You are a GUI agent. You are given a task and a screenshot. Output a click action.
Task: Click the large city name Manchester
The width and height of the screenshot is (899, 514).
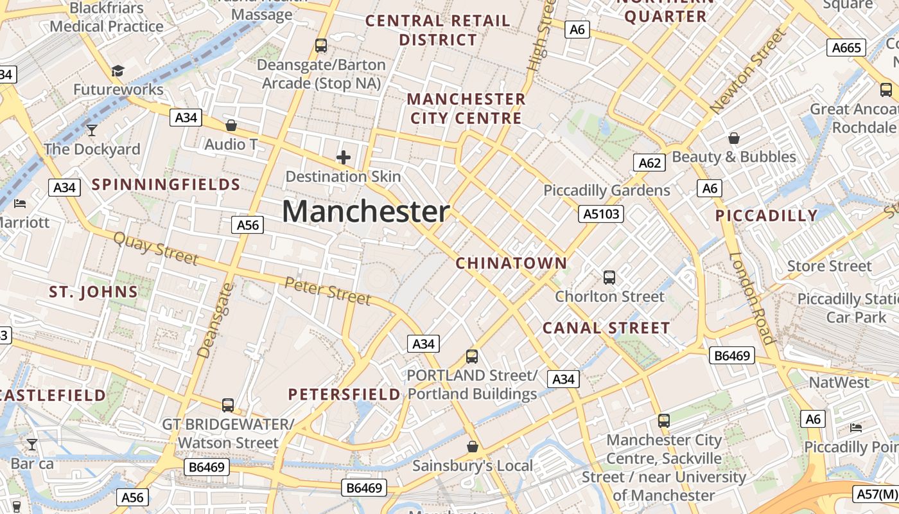click(x=365, y=211)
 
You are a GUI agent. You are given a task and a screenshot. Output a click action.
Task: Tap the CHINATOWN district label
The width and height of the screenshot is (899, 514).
click(x=511, y=263)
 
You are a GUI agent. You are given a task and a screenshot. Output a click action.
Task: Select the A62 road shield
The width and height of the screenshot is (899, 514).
click(x=650, y=163)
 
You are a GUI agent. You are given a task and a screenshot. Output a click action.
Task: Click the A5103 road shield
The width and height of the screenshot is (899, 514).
click(x=601, y=214)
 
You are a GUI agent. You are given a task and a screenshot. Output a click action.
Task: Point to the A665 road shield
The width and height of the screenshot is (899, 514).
click(x=846, y=48)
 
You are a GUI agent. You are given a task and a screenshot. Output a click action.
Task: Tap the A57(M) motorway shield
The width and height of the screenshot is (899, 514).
click(x=877, y=494)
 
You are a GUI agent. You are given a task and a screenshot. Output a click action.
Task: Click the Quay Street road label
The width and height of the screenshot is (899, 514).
click(x=156, y=249)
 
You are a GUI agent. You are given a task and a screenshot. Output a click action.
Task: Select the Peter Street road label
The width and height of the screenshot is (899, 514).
click(x=327, y=291)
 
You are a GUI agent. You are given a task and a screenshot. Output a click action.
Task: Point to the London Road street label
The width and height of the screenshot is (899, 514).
click(x=752, y=297)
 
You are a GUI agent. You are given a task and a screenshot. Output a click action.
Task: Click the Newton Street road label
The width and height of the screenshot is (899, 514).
click(x=747, y=72)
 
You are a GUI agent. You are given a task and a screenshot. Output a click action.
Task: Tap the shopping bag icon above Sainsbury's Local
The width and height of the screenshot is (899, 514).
click(x=473, y=447)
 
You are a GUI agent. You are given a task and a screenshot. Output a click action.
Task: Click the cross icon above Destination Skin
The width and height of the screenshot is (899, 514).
click(x=344, y=157)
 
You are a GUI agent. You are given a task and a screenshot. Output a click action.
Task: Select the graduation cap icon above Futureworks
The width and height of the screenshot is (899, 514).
click(x=118, y=71)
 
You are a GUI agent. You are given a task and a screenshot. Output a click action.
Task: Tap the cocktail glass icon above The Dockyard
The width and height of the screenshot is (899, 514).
click(x=92, y=130)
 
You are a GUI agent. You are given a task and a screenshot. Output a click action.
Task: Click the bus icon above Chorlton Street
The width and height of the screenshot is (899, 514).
click(x=609, y=278)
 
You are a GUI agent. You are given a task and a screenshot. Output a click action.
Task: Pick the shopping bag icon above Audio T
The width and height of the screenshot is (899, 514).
click(x=231, y=125)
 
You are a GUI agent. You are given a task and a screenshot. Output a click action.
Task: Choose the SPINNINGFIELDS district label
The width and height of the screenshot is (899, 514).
click(x=166, y=185)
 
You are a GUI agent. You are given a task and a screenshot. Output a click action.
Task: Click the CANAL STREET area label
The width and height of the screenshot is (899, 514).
click(x=606, y=328)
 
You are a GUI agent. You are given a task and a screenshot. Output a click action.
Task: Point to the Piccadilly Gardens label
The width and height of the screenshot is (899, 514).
click(x=606, y=190)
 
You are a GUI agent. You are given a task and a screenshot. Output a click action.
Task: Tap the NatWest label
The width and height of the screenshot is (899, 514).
click(x=839, y=383)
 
